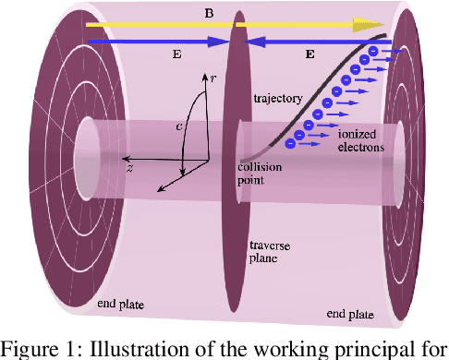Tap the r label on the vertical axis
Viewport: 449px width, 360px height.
click(213, 80)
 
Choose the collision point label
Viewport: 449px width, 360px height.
click(265, 174)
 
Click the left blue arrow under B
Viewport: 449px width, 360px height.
click(157, 42)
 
